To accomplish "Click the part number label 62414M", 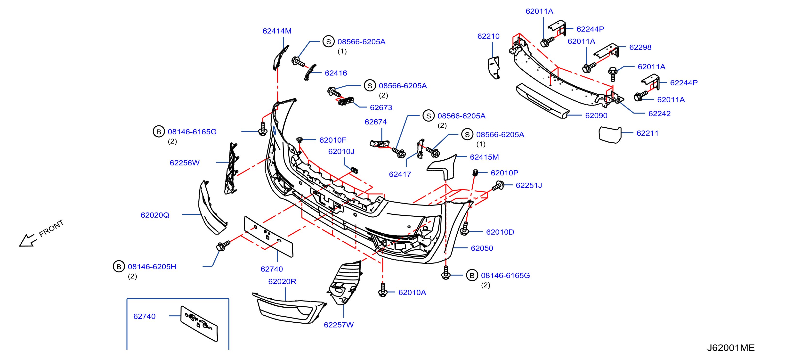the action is coord(277,31).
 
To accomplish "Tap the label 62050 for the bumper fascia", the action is coord(482,248).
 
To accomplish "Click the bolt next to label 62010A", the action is coord(383,290).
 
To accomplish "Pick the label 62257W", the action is coord(339,325).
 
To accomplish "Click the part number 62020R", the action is coord(282,281).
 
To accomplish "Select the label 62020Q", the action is coord(155,215).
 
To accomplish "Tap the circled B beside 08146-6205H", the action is coord(119,266).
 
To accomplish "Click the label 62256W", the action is coord(184,163).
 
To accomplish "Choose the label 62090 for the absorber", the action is coord(596,115).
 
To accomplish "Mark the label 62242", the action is coord(659,114).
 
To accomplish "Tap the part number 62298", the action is coord(640,47).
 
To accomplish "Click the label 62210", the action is coord(488,36).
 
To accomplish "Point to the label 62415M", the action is coord(484,157).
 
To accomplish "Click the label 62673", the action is coord(381,108).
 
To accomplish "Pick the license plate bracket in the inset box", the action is coord(199,324).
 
